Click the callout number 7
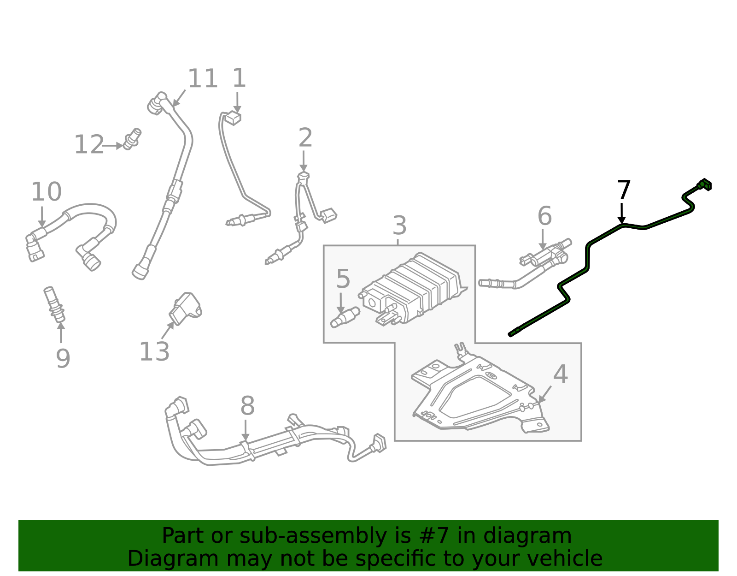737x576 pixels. (624, 190)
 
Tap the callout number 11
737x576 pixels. (203, 79)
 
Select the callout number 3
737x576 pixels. (399, 226)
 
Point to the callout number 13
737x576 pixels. (154, 352)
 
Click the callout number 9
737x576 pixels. (63, 358)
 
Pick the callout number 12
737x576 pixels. (89, 145)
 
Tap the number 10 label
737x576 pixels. (46, 192)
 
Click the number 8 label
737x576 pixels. (247, 407)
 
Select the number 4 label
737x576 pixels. (560, 374)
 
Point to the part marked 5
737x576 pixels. (345, 317)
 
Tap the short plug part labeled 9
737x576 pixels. (54, 305)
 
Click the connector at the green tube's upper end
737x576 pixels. (704, 185)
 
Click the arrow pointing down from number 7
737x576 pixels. (622, 213)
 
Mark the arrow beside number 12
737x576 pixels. (113, 146)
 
